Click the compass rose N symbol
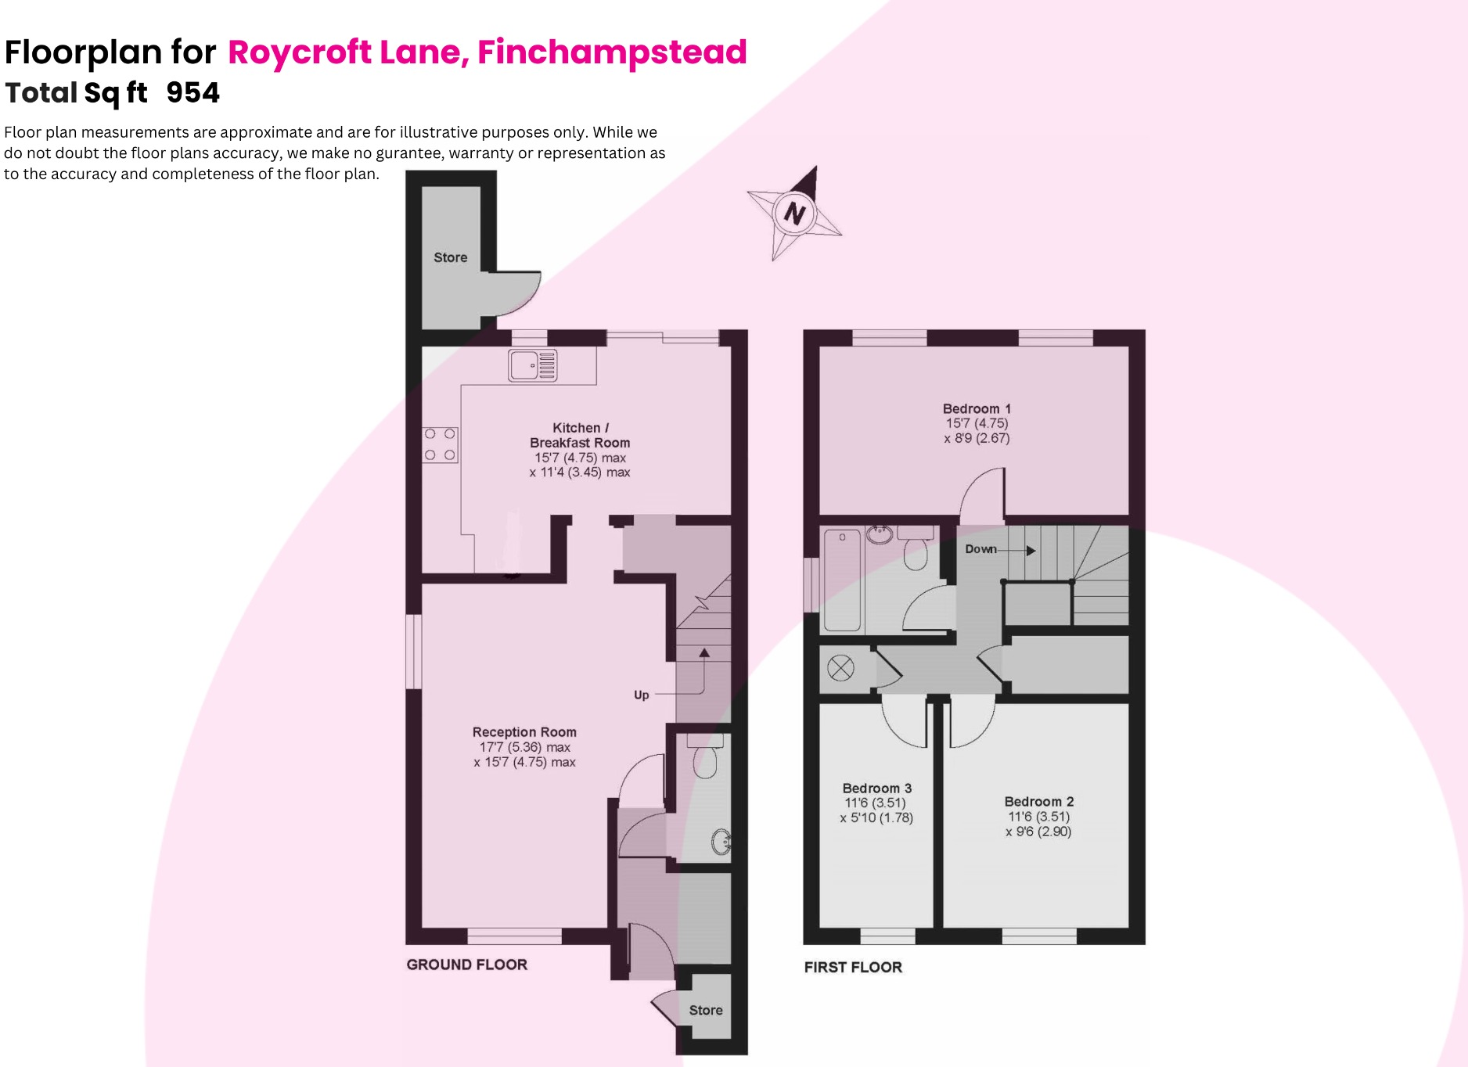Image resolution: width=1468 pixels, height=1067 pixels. (795, 213)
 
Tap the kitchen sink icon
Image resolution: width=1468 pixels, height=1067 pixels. (532, 365)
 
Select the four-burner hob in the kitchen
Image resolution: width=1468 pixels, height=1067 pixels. (440, 444)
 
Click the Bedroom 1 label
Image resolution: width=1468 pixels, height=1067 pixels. (977, 408)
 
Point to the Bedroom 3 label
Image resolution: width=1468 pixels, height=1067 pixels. (876, 788)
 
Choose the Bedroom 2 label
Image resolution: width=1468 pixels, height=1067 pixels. (1038, 801)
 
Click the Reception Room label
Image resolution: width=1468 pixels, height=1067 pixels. (524, 732)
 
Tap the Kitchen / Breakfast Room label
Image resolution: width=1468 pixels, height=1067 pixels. (580, 435)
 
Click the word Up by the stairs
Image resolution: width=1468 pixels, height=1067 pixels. (641, 695)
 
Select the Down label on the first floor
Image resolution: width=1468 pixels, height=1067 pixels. (980, 549)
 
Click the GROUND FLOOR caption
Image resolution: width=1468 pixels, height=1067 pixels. (466, 965)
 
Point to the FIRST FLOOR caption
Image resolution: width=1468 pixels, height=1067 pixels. (853, 967)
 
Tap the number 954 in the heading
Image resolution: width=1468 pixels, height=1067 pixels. (192, 92)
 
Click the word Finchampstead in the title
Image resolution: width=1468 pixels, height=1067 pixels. (612, 52)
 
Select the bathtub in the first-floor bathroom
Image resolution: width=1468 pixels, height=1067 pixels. (842, 580)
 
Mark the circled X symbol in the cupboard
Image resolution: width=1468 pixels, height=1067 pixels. (840, 668)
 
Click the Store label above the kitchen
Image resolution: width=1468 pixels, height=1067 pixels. (450, 257)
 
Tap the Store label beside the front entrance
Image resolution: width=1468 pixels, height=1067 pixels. (705, 1010)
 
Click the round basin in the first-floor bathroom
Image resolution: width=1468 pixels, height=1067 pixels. (880, 534)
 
